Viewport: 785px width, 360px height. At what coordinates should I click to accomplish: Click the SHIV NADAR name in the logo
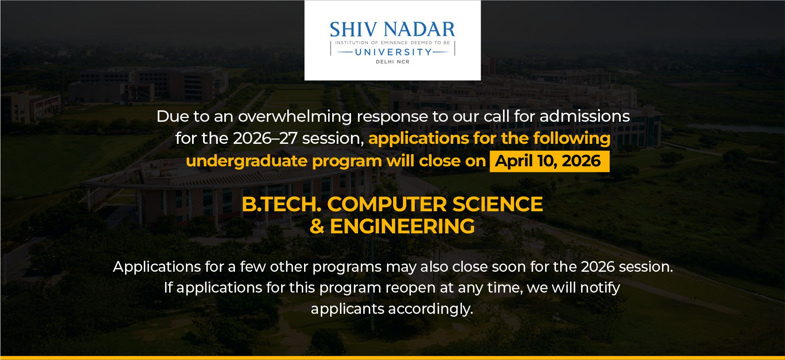coord(392,30)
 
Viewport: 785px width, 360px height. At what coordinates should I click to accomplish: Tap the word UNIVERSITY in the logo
coord(393,52)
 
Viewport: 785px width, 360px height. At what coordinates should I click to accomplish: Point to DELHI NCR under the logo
coord(392,62)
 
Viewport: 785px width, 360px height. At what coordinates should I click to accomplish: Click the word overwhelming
coord(295,117)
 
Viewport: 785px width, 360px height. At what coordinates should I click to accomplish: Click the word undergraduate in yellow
coord(246,161)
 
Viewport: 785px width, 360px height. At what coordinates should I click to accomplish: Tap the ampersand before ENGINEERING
coord(317,226)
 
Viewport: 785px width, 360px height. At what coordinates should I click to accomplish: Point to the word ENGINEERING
coord(402,226)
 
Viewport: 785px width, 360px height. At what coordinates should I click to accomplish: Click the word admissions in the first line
coord(584,117)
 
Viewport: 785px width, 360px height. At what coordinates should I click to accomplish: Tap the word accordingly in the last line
coord(430,309)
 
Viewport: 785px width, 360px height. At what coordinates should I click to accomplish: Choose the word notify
coord(600,288)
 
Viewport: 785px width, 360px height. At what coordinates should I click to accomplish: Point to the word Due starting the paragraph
coord(172,117)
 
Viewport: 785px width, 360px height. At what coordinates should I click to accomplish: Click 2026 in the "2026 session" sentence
coord(597,267)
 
